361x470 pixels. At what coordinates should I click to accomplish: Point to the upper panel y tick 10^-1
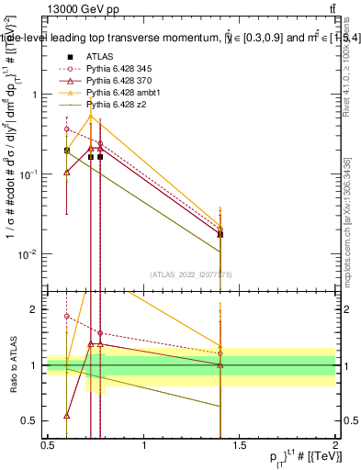(x=32, y=173)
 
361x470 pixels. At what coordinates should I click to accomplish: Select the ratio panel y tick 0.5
(x=34, y=420)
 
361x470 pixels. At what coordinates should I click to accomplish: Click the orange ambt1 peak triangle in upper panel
(x=90, y=117)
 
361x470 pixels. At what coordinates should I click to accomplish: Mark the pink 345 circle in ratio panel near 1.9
(x=66, y=316)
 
